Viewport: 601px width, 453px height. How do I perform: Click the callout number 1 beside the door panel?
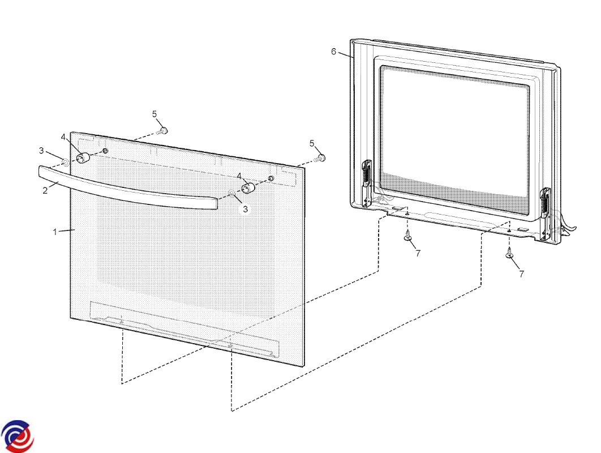(55, 232)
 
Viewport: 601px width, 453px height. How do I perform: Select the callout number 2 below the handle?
(45, 190)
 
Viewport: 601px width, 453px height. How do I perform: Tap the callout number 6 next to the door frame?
(333, 52)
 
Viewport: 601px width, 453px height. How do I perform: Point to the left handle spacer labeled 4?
(83, 157)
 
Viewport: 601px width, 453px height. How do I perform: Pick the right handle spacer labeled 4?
(248, 189)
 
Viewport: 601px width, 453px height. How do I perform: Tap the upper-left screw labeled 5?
(162, 131)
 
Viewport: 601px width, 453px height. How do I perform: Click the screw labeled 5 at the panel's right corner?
(320, 157)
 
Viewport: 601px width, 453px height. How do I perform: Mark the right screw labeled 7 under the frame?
(509, 253)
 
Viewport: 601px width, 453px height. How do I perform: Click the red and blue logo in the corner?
(17, 437)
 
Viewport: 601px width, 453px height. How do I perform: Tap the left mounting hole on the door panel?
(105, 150)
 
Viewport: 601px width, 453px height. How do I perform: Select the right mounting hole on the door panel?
(271, 178)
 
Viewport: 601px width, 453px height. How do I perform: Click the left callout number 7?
(418, 253)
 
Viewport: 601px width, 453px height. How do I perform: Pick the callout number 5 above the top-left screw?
(154, 114)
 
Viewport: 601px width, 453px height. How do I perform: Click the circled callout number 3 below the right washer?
(245, 210)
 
